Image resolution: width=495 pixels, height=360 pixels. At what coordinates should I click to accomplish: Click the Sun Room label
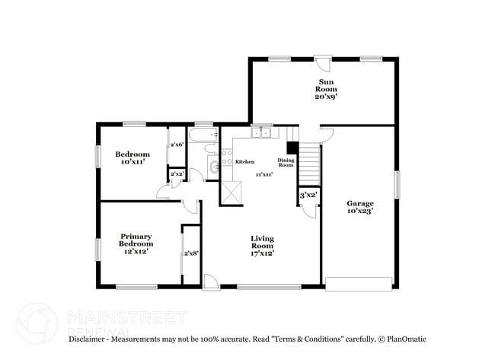[x=327, y=88]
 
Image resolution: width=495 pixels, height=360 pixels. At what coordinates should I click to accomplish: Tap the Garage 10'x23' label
[x=360, y=207]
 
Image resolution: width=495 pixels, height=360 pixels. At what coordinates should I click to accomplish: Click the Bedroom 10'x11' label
[x=133, y=158]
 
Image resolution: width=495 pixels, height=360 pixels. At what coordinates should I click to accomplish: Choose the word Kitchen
[x=244, y=162]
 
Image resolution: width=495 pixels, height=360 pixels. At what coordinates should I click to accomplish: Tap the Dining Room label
[x=286, y=163]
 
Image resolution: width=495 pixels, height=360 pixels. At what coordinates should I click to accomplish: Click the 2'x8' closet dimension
[x=191, y=253]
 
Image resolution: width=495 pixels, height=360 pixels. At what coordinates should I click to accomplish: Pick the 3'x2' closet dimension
[x=308, y=196]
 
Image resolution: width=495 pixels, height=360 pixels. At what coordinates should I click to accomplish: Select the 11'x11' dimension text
[x=263, y=175]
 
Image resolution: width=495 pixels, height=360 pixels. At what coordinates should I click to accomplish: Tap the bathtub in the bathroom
[x=203, y=137]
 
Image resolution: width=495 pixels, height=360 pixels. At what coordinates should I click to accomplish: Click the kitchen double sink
[x=262, y=133]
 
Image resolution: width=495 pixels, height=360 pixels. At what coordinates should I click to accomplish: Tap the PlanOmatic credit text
[x=404, y=339]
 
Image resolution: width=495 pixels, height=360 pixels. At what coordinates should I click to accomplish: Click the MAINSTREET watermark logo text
[x=126, y=315]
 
